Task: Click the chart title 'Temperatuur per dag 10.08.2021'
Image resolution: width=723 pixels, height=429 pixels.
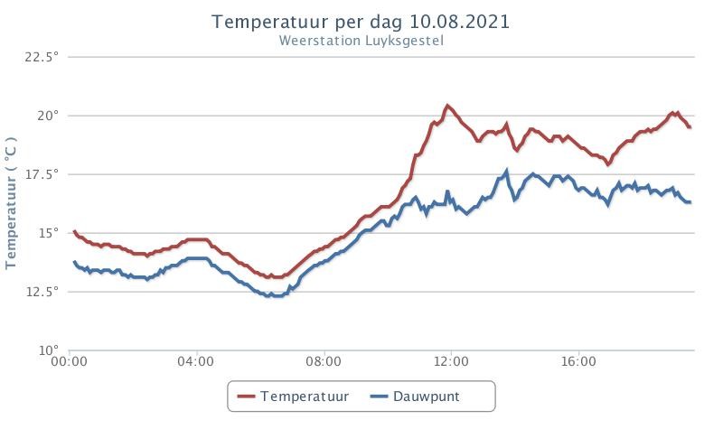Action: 361,22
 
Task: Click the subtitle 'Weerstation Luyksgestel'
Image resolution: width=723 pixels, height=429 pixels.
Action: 361,41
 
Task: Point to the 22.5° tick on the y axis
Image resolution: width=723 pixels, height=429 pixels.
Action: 42,57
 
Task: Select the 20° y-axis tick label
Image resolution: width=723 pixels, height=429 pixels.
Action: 48,116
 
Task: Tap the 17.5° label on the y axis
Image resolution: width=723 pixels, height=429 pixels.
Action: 42,174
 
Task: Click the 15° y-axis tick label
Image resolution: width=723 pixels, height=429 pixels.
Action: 48,233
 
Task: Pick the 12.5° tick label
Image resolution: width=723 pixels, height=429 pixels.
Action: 42,292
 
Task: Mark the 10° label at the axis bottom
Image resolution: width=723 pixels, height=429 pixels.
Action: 48,350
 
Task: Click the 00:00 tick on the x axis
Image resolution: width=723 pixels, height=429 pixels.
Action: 70,362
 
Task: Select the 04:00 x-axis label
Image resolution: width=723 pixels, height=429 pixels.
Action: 196,362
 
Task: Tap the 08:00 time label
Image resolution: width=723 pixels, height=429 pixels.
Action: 324,362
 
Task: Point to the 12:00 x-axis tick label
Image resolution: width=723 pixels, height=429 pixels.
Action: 451,362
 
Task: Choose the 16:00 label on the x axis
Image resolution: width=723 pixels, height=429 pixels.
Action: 578,362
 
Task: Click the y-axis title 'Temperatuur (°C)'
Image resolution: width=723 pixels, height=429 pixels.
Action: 11,202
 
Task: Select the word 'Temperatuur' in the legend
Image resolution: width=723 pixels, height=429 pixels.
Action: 305,396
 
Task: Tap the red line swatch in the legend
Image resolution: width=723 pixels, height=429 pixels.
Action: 246,396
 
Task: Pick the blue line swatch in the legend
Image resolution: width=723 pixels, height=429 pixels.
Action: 379,396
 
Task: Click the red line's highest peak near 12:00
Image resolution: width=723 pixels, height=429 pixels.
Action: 446,106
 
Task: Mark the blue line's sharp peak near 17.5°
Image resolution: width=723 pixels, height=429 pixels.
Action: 507,171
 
